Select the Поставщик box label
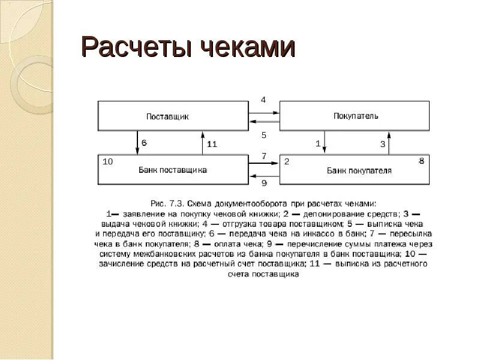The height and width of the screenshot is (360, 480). [167, 116]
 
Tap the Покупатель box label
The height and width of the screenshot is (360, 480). [356, 116]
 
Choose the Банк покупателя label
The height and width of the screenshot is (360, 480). [359, 170]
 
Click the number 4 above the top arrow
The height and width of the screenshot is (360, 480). [263, 100]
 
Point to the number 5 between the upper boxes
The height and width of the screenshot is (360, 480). [263, 136]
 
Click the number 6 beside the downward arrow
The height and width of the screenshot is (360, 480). [144, 144]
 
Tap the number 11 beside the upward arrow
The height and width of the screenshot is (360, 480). [212, 144]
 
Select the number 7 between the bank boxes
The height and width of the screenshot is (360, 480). [264, 156]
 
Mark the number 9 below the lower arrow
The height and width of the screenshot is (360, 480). [264, 183]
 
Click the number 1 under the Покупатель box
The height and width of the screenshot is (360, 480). [317, 144]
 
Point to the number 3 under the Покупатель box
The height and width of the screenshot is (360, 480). [382, 144]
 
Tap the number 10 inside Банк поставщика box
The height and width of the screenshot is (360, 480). [108, 161]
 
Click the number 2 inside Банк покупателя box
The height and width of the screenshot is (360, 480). [287, 161]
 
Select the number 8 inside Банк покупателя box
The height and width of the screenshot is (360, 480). [421, 161]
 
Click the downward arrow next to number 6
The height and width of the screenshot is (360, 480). [138, 142]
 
